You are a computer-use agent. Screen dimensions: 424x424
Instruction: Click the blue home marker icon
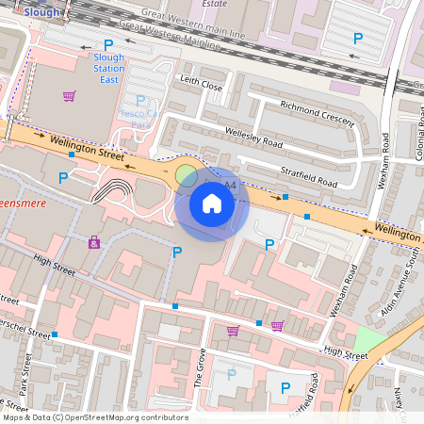click(x=212, y=204)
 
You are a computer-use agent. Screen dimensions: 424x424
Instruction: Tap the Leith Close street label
click(x=201, y=86)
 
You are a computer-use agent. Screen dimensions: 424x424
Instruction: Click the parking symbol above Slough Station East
click(x=108, y=44)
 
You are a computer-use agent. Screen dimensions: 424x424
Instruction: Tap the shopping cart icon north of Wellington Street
click(x=69, y=96)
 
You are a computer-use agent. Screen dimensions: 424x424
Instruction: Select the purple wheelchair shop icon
click(x=94, y=242)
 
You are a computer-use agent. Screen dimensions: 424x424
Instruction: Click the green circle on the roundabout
click(x=187, y=174)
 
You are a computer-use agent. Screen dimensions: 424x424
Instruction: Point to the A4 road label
click(x=230, y=187)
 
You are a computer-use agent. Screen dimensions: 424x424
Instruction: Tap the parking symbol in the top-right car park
click(x=357, y=39)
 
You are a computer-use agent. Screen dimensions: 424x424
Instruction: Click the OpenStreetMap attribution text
click(x=82, y=416)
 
